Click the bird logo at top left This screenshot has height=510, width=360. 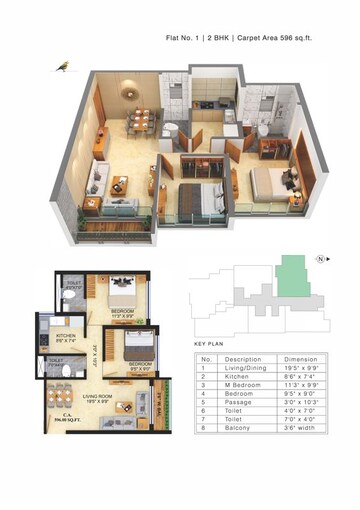tap(62, 65)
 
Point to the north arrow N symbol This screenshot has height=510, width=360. tap(319, 259)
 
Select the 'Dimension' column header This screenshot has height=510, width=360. tap(300, 358)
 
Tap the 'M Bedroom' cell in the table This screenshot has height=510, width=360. tap(240, 384)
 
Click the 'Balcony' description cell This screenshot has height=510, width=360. tap(237, 429)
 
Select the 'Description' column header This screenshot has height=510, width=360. tap(243, 358)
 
